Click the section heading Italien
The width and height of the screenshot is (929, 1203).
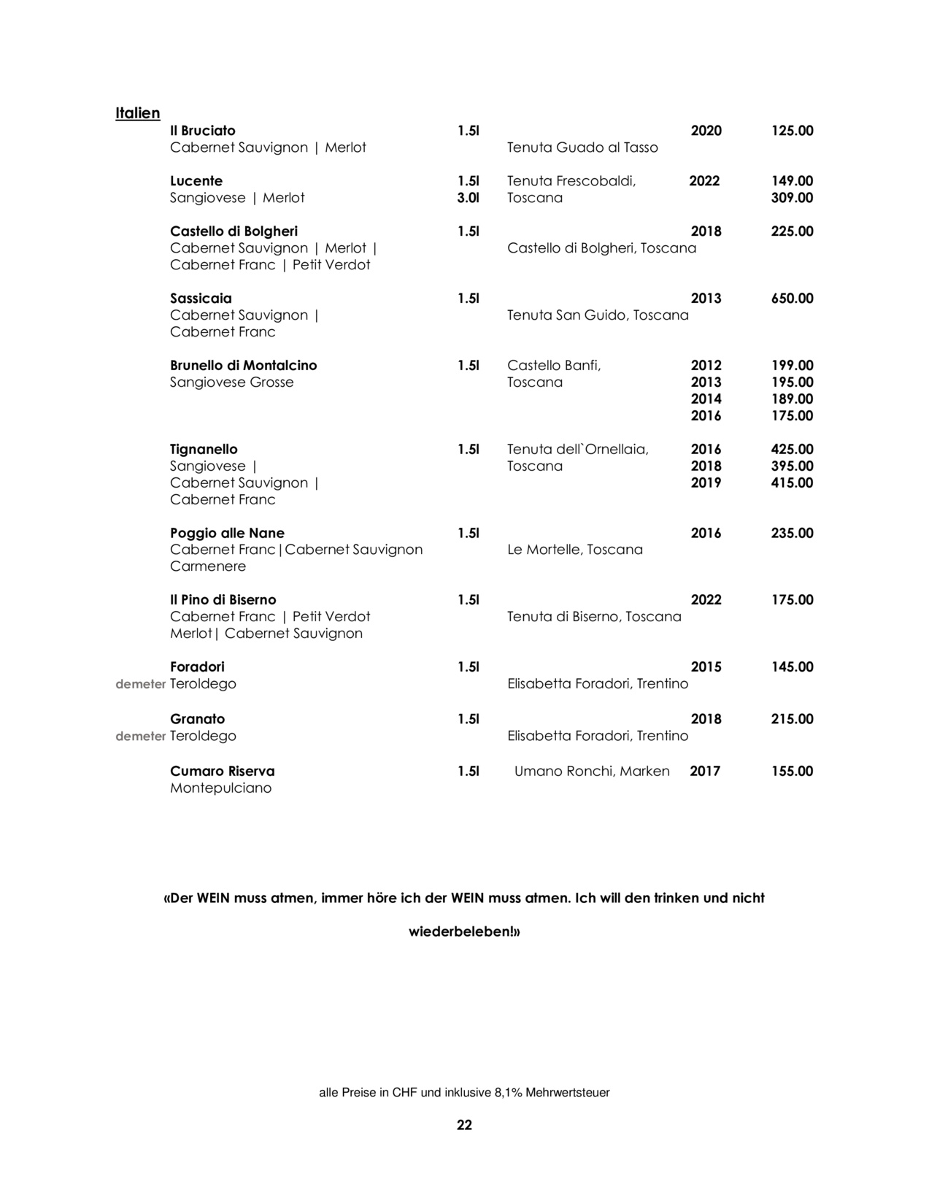(137, 113)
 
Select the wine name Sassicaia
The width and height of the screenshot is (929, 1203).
(201, 299)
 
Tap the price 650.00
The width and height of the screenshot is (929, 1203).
(792, 299)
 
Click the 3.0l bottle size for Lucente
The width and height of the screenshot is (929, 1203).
(468, 198)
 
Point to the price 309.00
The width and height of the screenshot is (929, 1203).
(792, 198)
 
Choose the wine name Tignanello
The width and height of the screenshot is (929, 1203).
(204, 450)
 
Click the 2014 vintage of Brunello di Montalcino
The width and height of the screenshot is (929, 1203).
(706, 399)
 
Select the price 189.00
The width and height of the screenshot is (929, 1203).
(792, 399)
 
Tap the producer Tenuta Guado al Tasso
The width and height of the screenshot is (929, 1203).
(582, 147)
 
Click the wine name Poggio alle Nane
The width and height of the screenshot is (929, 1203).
(227, 534)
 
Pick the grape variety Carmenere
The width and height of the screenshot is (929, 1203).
(208, 566)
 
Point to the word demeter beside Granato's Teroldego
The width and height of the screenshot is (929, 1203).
(141, 737)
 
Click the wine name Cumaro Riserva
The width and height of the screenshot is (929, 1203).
(222, 772)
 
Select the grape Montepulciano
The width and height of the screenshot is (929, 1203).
(220, 788)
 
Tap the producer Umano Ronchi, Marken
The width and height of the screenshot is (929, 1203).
(592, 772)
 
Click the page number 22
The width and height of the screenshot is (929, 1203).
(464, 1125)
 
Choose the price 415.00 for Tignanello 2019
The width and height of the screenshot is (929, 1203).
(792, 483)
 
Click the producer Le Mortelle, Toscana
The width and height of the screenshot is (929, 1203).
(575, 550)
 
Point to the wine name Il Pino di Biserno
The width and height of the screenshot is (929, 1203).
(223, 600)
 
